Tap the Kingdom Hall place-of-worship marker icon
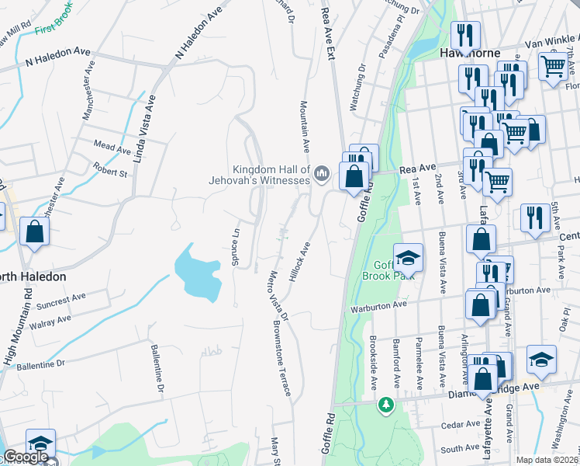323,172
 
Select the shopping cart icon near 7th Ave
552,67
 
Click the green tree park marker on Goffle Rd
385,405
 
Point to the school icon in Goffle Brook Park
408,257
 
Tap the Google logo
25,457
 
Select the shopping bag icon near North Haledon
35,231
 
